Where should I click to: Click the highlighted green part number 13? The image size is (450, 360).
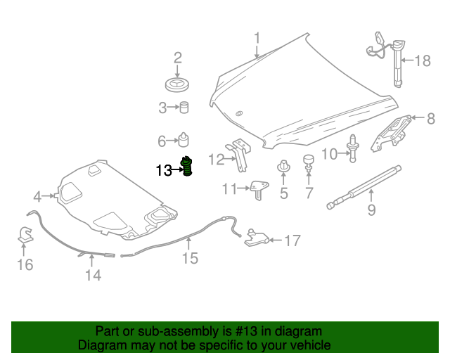tap(188, 167)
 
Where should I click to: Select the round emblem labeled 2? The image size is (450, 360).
tap(178, 86)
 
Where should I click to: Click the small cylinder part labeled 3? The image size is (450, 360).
tap(184, 108)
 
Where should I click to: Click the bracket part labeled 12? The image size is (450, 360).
tap(240, 154)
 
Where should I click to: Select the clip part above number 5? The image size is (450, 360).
tap(284, 168)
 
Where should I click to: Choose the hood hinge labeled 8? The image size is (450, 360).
tap(390, 132)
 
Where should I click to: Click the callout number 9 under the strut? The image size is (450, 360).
tap(372, 209)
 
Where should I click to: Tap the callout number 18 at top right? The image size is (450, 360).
tap(422, 60)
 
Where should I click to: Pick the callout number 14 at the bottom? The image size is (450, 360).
tap(94, 275)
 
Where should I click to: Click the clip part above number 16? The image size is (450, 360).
tap(25, 236)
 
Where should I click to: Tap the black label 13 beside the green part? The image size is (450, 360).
tap(163, 170)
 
